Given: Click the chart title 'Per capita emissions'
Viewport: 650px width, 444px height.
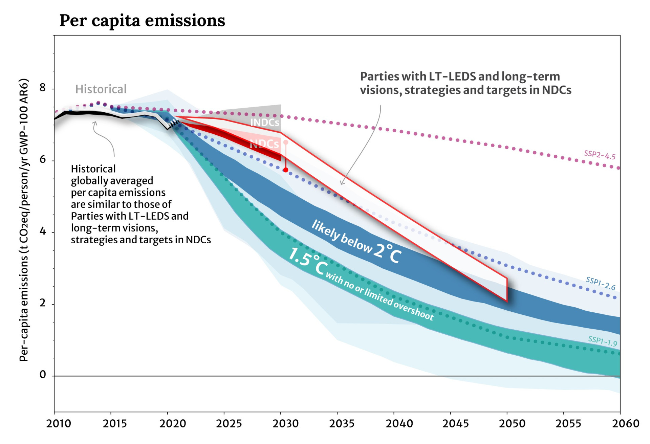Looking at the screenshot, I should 142,20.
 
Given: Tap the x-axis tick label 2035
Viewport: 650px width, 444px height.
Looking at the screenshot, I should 342,424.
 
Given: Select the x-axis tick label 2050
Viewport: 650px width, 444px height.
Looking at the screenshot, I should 512,424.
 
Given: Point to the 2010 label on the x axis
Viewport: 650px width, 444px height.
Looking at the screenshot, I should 59,424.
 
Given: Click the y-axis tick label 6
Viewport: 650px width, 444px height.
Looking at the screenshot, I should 43,159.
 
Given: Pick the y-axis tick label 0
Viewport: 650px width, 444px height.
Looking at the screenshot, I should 43,375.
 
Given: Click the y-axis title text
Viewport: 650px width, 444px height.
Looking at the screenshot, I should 24,220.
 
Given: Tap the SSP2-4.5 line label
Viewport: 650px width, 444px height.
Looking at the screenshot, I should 600,155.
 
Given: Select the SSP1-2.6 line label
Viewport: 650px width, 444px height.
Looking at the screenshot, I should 601,284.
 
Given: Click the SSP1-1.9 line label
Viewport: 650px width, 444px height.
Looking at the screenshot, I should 603,341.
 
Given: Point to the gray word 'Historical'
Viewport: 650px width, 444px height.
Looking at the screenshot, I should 101,89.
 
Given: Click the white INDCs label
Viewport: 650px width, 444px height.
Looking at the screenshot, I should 265,123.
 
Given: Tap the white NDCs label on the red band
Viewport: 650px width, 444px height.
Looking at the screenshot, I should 264,144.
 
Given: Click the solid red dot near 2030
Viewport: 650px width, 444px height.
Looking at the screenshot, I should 286,170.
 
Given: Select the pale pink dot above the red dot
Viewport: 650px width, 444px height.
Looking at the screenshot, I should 286,142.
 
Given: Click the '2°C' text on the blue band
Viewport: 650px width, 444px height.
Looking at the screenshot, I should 388,253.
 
